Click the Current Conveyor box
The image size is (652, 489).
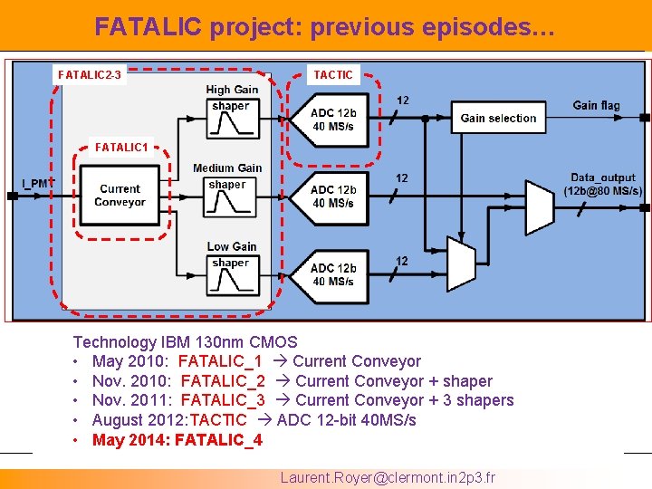[x=120, y=196]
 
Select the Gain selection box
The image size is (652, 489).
[x=498, y=118]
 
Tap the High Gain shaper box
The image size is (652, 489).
[x=231, y=119]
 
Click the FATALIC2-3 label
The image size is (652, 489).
[x=90, y=74]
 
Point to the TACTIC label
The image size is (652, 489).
[x=333, y=74]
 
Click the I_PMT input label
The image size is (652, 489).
[x=38, y=184]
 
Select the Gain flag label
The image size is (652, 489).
[x=596, y=106]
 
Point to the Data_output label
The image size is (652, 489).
[x=602, y=184]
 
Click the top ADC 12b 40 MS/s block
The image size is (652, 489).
[x=332, y=119]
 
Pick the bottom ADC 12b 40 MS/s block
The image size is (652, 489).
[x=332, y=274]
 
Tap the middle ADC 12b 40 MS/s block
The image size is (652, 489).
[x=332, y=197]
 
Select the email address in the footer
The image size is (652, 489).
[x=388, y=477]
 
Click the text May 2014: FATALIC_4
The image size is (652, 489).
[x=177, y=440]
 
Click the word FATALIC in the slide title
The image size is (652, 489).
[x=149, y=28]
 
